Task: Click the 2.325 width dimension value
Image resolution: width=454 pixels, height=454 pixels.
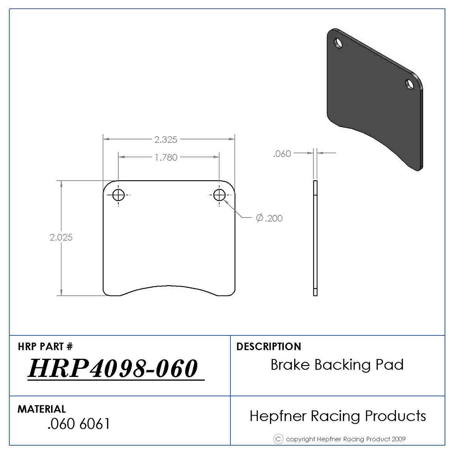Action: tap(166, 140)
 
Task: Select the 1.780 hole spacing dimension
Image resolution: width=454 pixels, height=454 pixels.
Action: tap(166, 157)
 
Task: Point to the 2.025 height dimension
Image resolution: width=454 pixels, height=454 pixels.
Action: tap(61, 237)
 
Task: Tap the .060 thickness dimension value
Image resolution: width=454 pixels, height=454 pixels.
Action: tap(282, 154)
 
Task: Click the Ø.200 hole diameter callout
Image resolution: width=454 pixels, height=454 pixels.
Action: tap(269, 218)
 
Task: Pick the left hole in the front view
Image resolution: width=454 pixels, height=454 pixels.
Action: tap(118, 195)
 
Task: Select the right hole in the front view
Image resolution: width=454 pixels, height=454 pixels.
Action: tap(219, 195)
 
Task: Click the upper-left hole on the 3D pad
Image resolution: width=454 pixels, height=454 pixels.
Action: tap(338, 43)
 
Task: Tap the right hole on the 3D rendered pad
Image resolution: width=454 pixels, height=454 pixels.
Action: tap(410, 84)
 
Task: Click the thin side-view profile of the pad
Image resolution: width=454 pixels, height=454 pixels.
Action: tap(315, 238)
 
